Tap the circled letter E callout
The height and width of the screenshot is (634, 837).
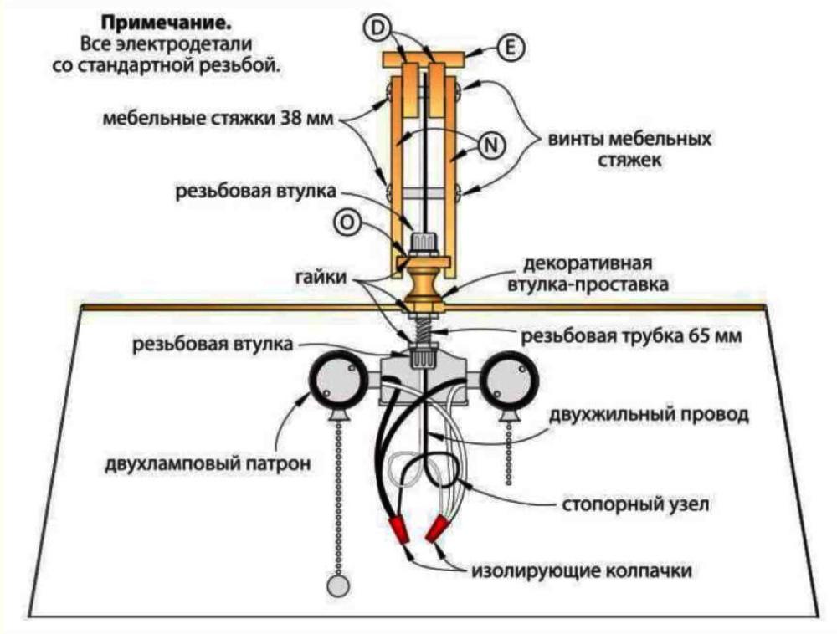pos(507,49)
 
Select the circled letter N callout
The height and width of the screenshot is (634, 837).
pos(491,146)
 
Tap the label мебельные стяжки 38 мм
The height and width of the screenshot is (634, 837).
pos(217,118)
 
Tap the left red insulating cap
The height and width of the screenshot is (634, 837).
pos(398,531)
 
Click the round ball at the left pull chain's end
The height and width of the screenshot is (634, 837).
pos(336,585)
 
